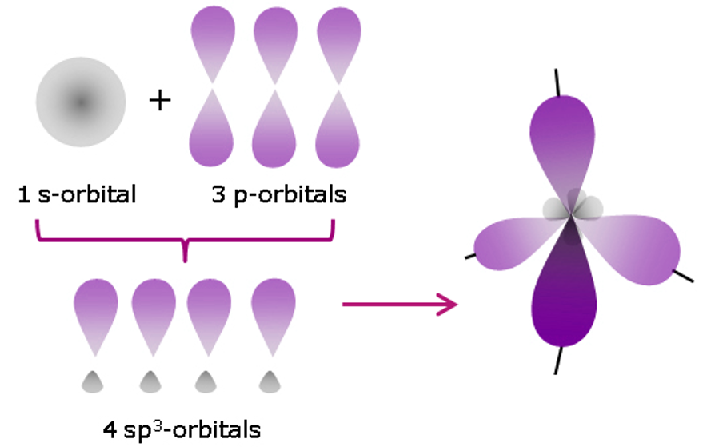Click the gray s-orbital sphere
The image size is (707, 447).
[x=80, y=102]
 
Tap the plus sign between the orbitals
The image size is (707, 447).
[x=161, y=101]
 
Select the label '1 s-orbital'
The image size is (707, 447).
[x=78, y=194]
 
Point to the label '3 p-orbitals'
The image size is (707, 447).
[x=278, y=194]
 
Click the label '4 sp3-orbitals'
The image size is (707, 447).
[x=182, y=429]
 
